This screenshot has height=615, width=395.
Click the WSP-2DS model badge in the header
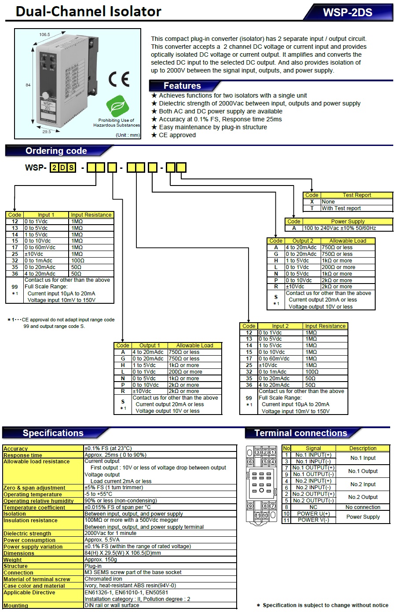pyautogui.click(x=347, y=12)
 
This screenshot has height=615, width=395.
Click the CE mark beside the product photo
pyautogui.click(x=119, y=79)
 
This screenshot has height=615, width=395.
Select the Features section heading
pyautogui.click(x=182, y=86)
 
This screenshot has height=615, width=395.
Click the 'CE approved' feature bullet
pyautogui.click(x=177, y=135)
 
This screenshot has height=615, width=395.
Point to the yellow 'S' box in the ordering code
pyautogui.click(x=71, y=167)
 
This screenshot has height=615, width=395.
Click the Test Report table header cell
pyautogui.click(x=356, y=195)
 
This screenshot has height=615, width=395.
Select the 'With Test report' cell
pyautogui.click(x=341, y=208)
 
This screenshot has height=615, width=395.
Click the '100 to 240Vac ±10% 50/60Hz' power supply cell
pyautogui.click(x=340, y=228)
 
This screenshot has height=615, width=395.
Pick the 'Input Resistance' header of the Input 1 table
pyautogui.click(x=91, y=215)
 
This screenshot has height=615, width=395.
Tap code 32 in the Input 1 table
pyautogui.click(x=15, y=261)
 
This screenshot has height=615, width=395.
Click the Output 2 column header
pyautogui.click(x=303, y=241)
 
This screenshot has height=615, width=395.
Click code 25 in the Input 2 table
pyautogui.click(x=249, y=365)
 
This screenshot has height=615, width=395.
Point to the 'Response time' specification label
pyautogui.click(x=23, y=455)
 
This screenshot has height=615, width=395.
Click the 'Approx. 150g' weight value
pyautogui.click(x=101, y=560)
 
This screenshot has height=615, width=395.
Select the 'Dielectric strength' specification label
pyautogui.click(x=27, y=534)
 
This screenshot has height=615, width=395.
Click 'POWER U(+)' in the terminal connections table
pyautogui.click(x=313, y=513)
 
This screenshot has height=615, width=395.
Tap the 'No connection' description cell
pyautogui.click(x=362, y=507)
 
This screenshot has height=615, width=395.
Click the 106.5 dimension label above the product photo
pyautogui.click(x=44, y=34)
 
